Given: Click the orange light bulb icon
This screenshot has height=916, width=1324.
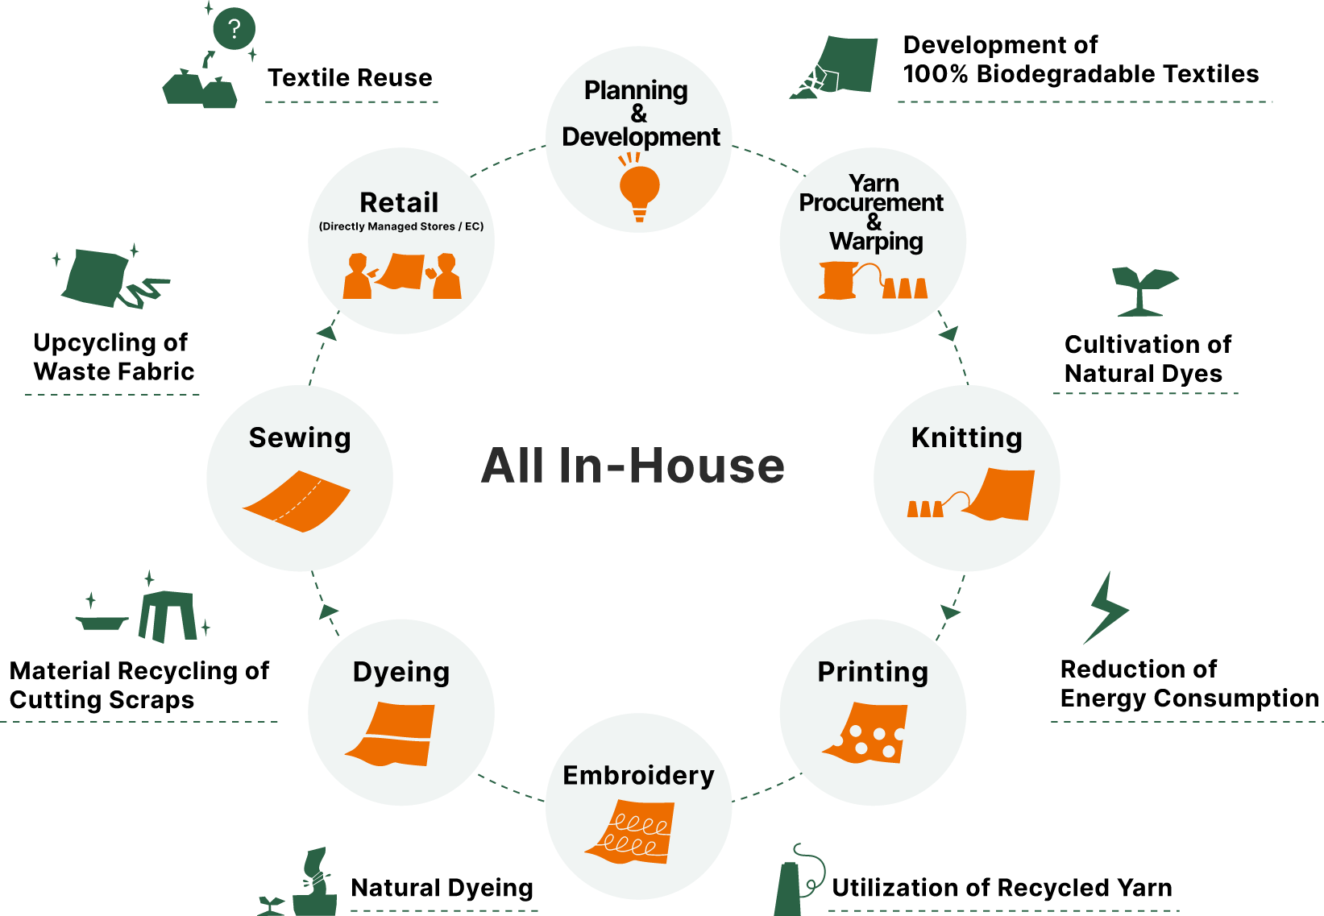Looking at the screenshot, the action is pyautogui.click(x=639, y=188).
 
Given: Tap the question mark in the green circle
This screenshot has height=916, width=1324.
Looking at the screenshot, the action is pyautogui.click(x=235, y=28).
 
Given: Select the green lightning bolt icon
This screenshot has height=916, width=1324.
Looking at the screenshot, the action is pyautogui.click(x=1106, y=607).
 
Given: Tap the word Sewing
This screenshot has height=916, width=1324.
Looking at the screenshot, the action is pyautogui.click(x=300, y=438).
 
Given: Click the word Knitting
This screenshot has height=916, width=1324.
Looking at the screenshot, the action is pyautogui.click(x=966, y=438).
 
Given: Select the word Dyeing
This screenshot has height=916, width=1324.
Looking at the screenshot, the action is pyautogui.click(x=401, y=673).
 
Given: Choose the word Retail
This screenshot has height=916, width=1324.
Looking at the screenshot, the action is pyautogui.click(x=399, y=203).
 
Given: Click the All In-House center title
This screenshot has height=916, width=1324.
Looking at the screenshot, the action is pyautogui.click(x=633, y=466).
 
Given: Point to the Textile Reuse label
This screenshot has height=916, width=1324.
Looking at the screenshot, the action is pyautogui.click(x=350, y=77).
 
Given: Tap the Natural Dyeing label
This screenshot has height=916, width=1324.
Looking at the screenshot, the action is pyautogui.click(x=442, y=888).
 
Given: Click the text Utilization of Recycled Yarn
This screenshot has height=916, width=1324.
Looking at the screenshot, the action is pyautogui.click(x=1002, y=888).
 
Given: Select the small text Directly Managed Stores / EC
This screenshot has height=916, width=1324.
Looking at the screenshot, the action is pyautogui.click(x=401, y=226).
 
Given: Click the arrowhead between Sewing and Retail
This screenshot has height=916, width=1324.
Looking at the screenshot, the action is pyautogui.click(x=327, y=333).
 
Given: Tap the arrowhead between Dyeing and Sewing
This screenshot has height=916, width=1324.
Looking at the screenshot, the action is pyautogui.click(x=328, y=611).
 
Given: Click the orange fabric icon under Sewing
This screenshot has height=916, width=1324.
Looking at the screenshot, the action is pyautogui.click(x=296, y=501).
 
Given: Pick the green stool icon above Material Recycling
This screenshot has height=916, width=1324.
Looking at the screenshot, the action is pyautogui.click(x=168, y=616).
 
